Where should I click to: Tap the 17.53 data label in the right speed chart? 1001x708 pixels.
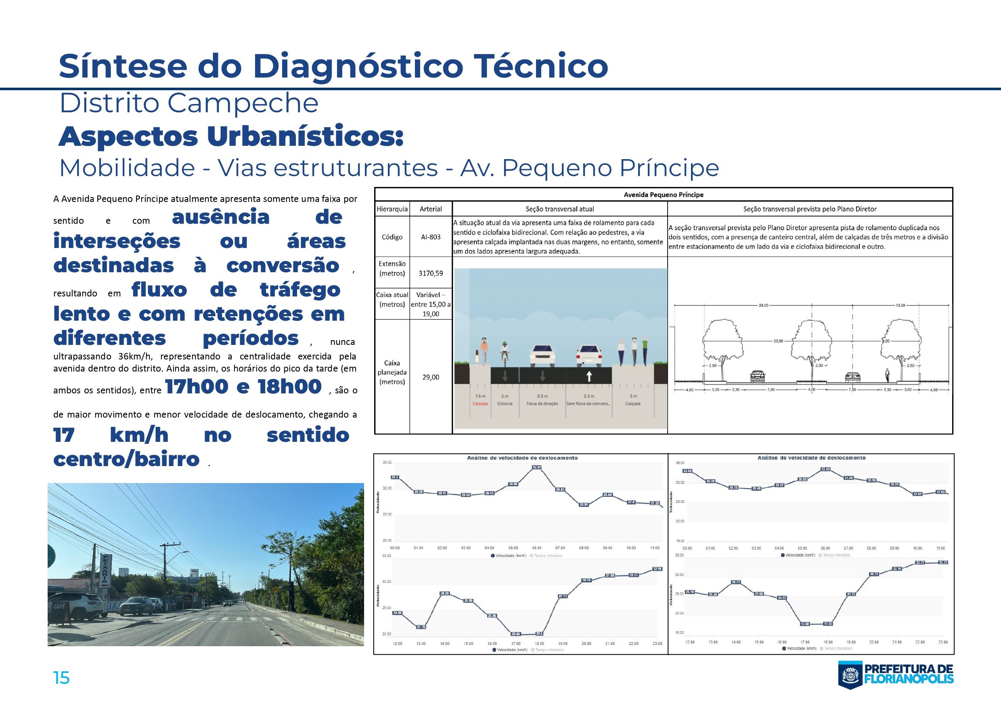coord(828,624)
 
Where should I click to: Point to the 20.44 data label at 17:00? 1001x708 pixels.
coord(516,633)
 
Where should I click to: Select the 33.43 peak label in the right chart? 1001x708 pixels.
coord(825,469)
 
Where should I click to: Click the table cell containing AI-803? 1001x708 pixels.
coord(430,237)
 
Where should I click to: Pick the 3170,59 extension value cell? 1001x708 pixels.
coord(430,273)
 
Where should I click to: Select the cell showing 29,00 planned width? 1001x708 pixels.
coord(430,377)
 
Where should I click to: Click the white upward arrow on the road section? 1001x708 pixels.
coord(588,376)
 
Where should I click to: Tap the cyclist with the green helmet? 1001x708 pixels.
coord(505,354)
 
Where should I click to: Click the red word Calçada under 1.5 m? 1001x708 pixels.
coord(480,403)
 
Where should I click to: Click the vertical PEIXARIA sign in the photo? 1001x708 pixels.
coord(105,571)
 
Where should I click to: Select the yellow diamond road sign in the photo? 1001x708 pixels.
coord(276,589)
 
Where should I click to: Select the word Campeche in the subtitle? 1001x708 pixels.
coord(243,103)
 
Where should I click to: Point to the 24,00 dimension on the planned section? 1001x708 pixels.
coord(763,305)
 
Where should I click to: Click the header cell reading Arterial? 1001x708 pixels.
coord(430,209)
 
